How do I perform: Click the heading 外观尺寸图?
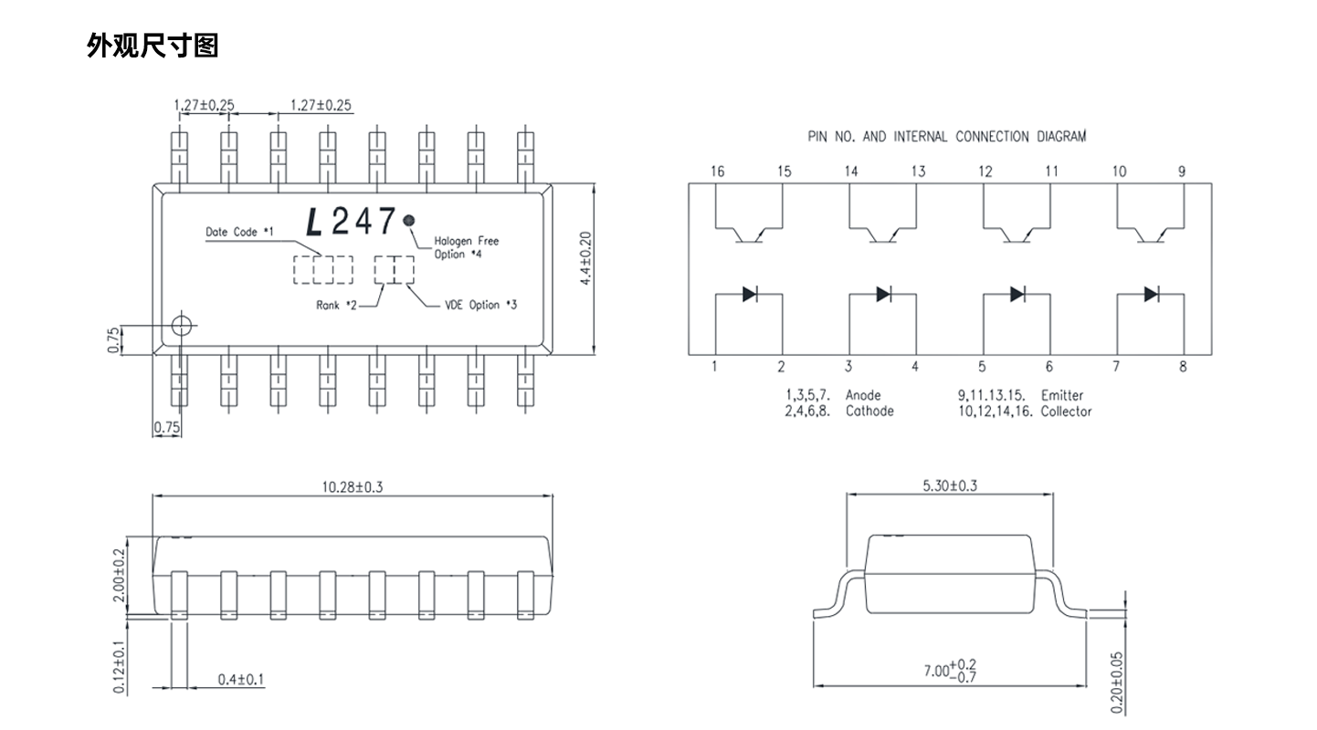point(153,46)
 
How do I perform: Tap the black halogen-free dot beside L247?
point(408,220)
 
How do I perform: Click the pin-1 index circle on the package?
point(182,326)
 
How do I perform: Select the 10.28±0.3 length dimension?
point(353,487)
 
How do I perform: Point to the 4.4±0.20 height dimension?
point(585,258)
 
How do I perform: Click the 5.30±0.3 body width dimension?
point(950,485)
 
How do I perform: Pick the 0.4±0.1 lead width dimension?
point(241,680)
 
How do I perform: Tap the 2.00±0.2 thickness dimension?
point(119,575)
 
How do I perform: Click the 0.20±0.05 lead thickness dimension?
point(1116,683)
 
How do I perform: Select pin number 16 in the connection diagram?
point(717,172)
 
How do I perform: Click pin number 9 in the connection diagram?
point(1182,172)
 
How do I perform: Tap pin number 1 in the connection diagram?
point(714,367)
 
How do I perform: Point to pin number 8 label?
point(1183,367)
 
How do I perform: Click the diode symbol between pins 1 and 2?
point(750,294)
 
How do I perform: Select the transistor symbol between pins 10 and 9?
point(1151,235)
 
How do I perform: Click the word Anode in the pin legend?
point(863,395)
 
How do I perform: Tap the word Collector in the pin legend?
point(1066,412)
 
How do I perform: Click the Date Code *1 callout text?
point(239,232)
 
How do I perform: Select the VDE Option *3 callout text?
point(481,305)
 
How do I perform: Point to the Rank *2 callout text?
point(336,306)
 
